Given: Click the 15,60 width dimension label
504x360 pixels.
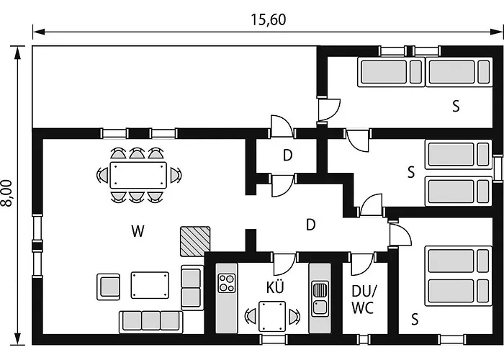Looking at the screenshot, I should pos(269,20).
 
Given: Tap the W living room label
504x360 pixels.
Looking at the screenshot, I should pos(138,231).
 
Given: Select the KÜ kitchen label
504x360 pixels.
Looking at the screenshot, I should pos(275,287).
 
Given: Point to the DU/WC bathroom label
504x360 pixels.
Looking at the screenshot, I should pos(362,299).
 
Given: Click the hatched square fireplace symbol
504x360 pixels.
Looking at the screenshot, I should pos(195,240).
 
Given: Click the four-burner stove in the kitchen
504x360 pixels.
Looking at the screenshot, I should pos(227,282).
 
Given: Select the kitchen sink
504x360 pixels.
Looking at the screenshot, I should pos(320,298).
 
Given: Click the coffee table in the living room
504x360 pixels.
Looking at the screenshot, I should pos(149,284).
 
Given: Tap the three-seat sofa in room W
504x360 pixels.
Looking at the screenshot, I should pos(150,320).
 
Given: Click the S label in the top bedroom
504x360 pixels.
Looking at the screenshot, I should pos(455,107).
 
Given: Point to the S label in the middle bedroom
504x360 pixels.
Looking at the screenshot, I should pos(411,172).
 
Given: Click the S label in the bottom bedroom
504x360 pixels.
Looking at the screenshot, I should pos(415,318).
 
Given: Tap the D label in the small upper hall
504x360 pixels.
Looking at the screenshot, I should pos(287,155).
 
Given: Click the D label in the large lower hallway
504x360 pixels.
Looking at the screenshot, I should pos(310,225).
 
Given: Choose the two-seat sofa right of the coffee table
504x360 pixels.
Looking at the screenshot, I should pos(192,287).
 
